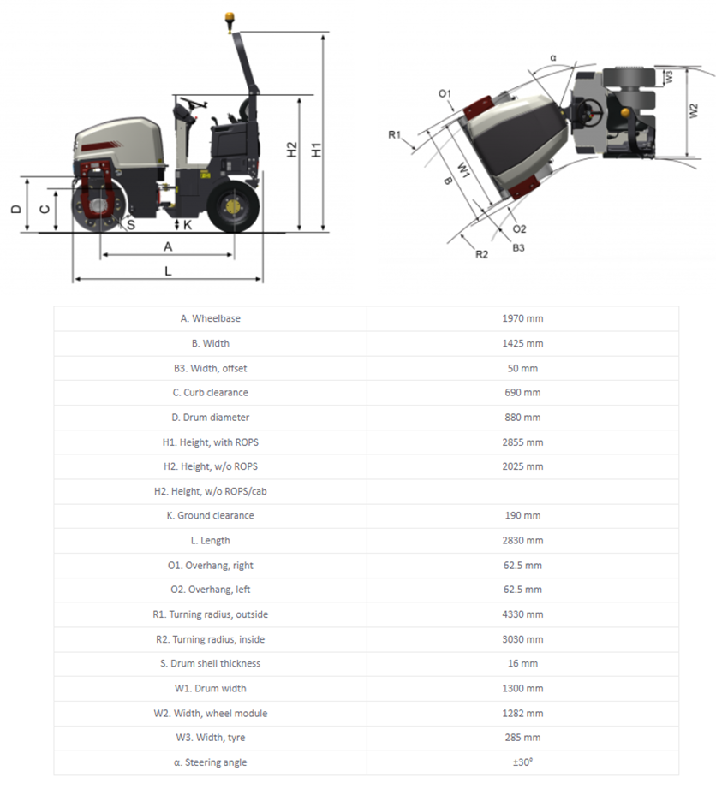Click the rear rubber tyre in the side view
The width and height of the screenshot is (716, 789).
pos(232,207)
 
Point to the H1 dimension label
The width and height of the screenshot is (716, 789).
pos(317,150)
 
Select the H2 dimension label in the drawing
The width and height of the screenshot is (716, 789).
pos(292,150)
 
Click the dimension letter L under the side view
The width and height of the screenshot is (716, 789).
pos(168,270)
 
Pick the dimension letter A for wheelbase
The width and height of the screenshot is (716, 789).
pos(168,246)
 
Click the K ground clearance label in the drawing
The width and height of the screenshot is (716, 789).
pos(188,224)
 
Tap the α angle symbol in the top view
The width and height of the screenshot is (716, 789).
pos(553,58)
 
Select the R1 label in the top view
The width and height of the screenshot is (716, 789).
pos(395,134)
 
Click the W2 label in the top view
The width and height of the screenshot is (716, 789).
pos(695,111)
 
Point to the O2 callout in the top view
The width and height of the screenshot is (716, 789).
pos(519,229)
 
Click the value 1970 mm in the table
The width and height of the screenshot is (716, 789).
pos(522,318)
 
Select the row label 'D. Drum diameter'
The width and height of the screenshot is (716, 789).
pos(210,418)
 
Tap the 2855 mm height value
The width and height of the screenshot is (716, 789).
pos(522,442)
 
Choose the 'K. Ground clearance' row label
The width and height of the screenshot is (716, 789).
pos(210,516)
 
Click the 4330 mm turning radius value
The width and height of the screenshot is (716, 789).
pos(522,614)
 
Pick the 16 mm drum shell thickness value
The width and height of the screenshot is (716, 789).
pos(522,664)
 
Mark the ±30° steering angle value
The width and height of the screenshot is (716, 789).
pos(522,762)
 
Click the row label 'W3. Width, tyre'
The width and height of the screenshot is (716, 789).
pos(210,738)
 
